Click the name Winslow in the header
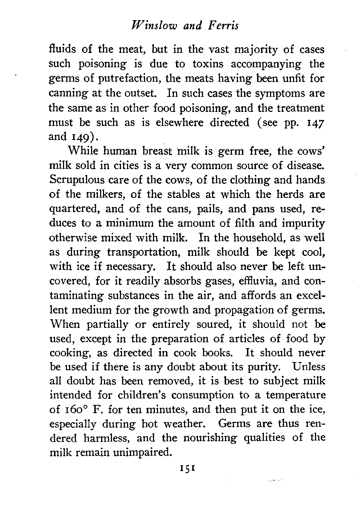[145, 26]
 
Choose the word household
[265, 238]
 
